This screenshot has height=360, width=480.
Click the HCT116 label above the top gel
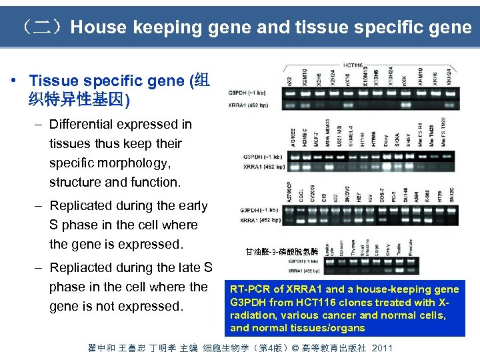[x=353, y=65]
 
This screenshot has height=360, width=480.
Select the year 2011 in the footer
[x=382, y=348]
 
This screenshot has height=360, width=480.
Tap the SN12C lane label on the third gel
[x=451, y=195]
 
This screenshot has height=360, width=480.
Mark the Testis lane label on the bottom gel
[x=399, y=251]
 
